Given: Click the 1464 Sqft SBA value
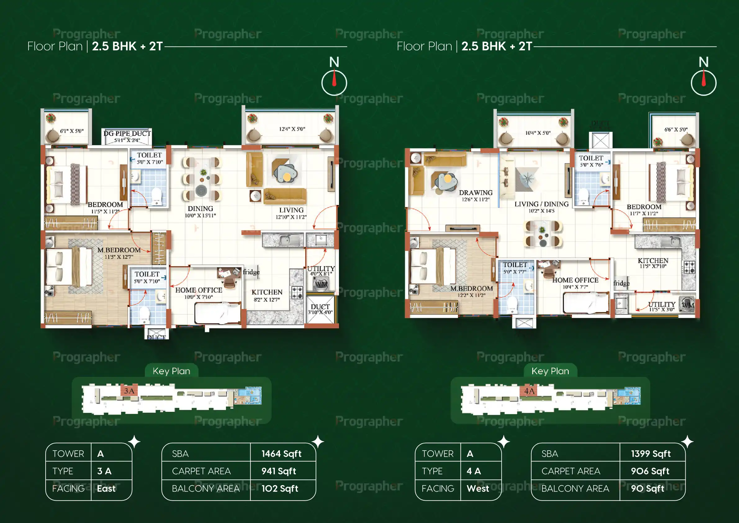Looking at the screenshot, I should (x=281, y=454).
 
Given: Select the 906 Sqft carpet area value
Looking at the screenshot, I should (x=650, y=471).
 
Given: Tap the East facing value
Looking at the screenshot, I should (x=106, y=489).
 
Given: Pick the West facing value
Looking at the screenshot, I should (x=478, y=489).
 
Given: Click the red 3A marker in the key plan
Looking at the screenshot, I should (x=129, y=391).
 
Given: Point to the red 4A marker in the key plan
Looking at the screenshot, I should (x=529, y=391).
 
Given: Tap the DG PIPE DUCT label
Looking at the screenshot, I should (x=127, y=133).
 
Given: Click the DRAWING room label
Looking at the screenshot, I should (x=475, y=193).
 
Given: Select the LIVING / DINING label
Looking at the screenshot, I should (x=541, y=204).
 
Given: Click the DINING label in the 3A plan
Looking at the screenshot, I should (x=200, y=209).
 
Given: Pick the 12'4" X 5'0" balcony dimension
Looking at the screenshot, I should (x=292, y=129).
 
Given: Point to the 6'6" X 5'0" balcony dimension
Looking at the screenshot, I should (x=676, y=130).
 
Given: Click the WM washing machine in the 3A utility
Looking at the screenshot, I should (x=321, y=284).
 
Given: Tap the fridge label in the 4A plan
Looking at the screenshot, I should (x=621, y=283).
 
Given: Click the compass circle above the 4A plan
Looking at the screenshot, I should (x=703, y=83).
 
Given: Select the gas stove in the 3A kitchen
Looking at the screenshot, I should (x=297, y=292).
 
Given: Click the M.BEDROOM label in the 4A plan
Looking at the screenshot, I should (x=471, y=288).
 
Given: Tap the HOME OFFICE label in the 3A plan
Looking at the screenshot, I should (x=199, y=290).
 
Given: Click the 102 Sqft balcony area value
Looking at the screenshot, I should (x=279, y=489).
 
